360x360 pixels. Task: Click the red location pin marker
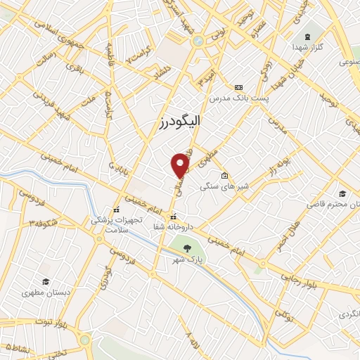181,165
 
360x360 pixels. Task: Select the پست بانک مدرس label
238,96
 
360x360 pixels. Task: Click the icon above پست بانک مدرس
238,85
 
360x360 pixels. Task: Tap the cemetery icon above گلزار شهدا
307,36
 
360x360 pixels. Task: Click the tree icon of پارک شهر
187,247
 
